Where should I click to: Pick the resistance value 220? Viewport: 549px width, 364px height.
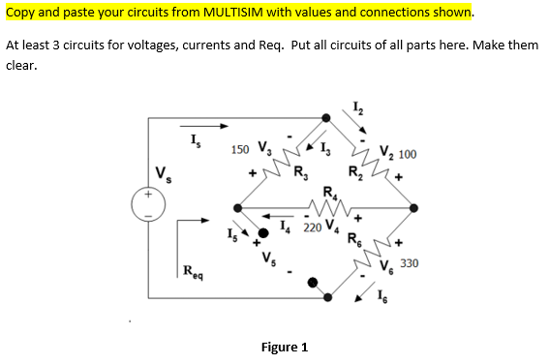[x=312, y=229]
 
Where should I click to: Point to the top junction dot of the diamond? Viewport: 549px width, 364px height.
[x=326, y=118]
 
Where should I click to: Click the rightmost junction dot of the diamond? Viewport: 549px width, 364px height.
[x=414, y=206]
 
